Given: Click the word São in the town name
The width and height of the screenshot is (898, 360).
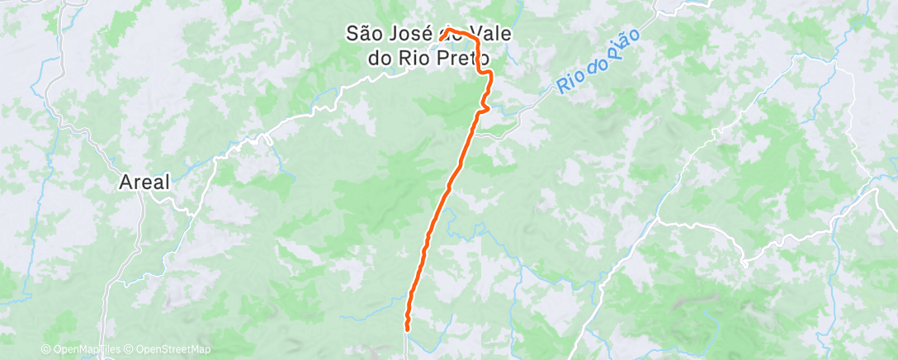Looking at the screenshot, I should [x=363, y=33].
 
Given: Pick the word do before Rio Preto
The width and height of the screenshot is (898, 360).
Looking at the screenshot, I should [x=381, y=59].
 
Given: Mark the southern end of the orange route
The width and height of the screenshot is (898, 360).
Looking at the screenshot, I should [x=407, y=329].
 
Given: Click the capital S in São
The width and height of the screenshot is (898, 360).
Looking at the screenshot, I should [x=351, y=33].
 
